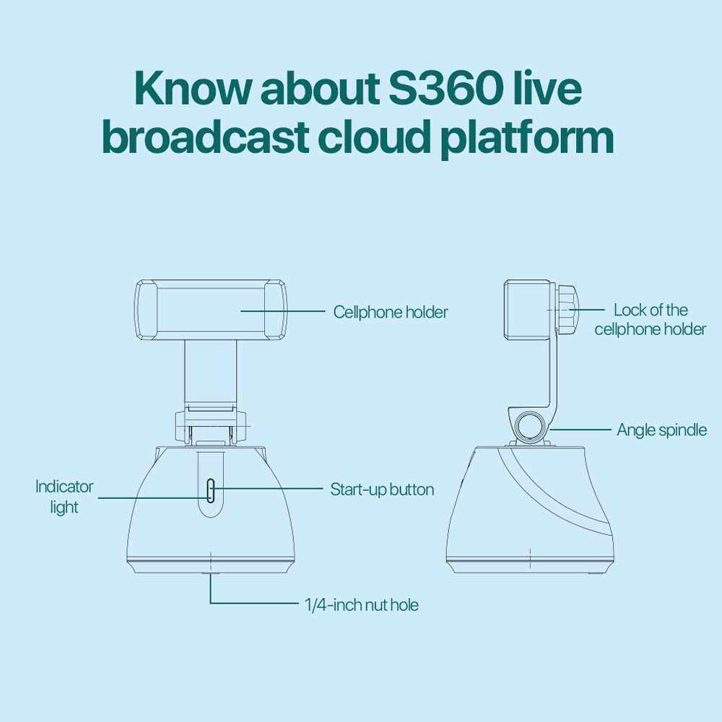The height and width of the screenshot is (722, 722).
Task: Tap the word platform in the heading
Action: pos(527,137)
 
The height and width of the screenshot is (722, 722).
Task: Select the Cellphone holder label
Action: pos(391,312)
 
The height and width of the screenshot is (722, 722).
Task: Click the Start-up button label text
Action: pos(382,490)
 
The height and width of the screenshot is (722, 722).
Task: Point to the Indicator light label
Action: pos(64,497)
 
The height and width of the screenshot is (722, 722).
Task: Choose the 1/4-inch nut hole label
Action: pos(362,604)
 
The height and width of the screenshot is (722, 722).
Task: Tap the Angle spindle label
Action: pos(661,430)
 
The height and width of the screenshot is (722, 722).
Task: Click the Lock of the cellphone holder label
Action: pos(651,320)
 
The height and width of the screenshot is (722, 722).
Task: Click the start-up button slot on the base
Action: pos(210,490)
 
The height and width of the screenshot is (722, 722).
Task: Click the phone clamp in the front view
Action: pos(210,310)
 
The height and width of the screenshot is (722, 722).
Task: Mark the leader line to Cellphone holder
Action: pos(283,311)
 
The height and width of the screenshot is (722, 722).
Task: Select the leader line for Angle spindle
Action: pos(580,430)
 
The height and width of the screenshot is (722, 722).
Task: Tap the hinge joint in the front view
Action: pos(210,425)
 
